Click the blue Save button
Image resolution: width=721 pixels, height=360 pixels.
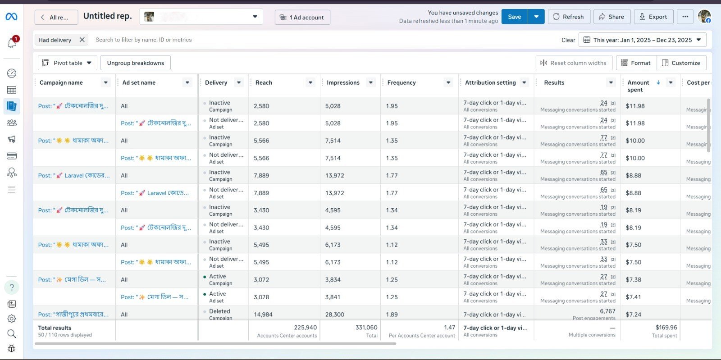(514, 17)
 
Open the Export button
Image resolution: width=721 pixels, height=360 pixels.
(653, 17)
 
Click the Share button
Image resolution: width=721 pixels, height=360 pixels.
(611, 17)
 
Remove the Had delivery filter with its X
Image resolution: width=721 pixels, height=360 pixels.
(82, 40)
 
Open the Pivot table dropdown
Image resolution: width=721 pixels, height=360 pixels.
(67, 63)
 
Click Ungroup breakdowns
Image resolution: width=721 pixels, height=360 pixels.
(135, 63)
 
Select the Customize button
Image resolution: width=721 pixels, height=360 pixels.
(681, 63)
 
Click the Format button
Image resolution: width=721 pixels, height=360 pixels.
(636, 63)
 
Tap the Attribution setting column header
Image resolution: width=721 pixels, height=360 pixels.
(490, 82)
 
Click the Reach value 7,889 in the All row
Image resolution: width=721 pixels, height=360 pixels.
(261, 176)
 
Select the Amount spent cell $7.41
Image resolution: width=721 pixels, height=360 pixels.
(633, 297)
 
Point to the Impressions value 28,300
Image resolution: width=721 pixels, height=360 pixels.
(334, 314)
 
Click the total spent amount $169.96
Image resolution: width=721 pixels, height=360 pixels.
(666, 328)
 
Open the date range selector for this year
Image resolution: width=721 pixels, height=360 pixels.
(642, 40)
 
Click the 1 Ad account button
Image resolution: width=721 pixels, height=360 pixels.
(302, 18)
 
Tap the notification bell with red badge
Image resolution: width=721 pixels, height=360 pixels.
(12, 43)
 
